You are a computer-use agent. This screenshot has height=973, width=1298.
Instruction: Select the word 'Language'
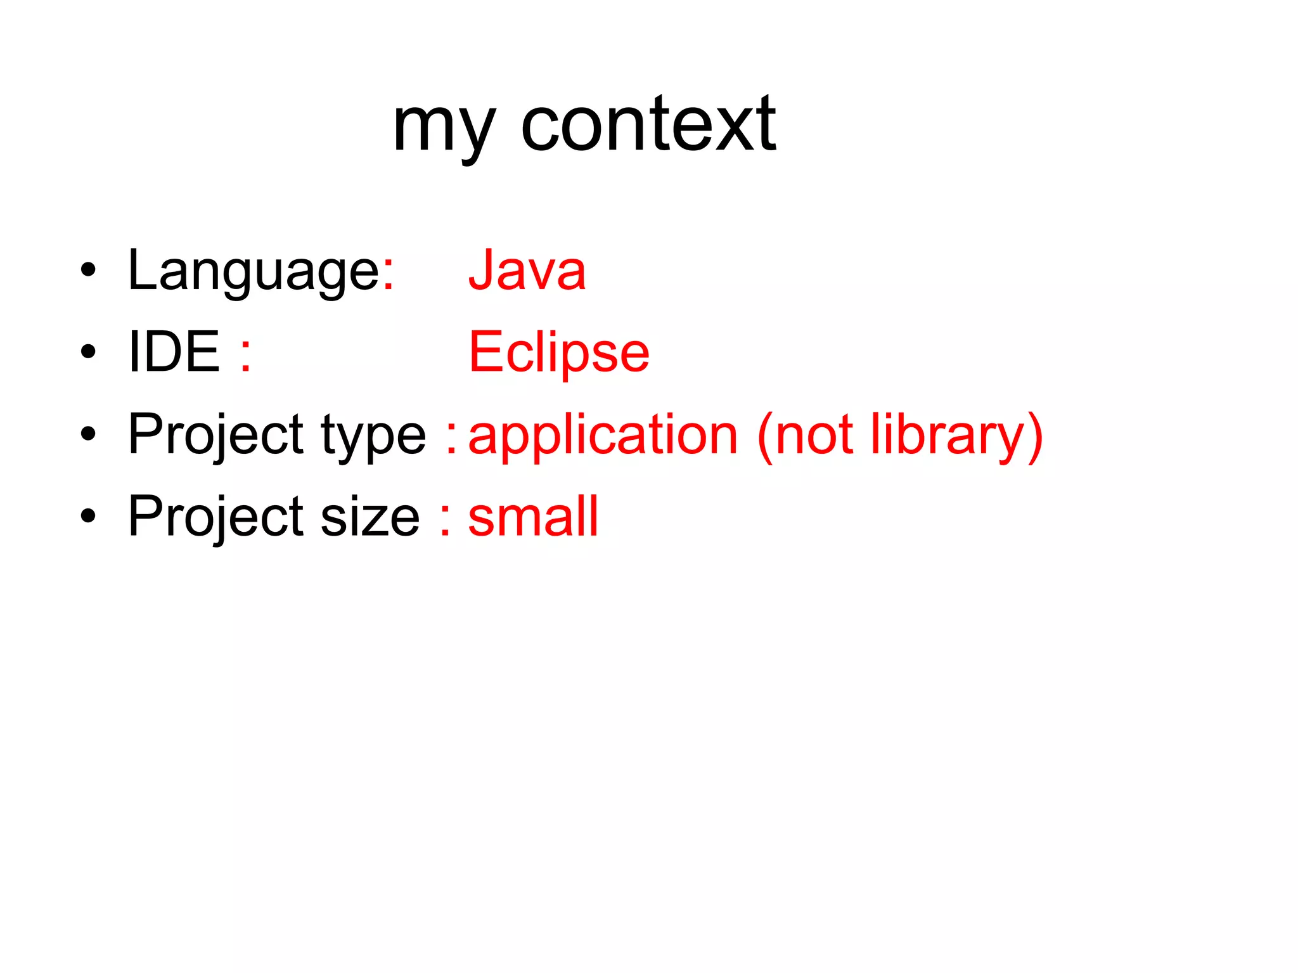pos(254,271)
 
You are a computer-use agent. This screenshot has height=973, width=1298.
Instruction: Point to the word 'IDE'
pos(174,352)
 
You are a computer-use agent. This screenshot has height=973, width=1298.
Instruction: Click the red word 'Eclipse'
pos(559,353)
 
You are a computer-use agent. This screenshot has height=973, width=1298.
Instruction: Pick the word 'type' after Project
pos(373,436)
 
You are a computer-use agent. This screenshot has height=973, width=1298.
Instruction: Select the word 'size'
pos(370,517)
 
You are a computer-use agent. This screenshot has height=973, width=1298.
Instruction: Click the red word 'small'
pos(533,517)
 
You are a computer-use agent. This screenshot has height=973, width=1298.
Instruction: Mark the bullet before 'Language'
pos(88,270)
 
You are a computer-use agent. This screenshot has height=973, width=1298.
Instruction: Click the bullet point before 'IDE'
pos(88,352)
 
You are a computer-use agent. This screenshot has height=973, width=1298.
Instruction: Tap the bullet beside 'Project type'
pos(88,434)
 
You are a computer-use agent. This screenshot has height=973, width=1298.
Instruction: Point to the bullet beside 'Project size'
pos(88,516)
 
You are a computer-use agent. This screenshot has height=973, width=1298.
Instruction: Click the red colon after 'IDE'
pos(246,355)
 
